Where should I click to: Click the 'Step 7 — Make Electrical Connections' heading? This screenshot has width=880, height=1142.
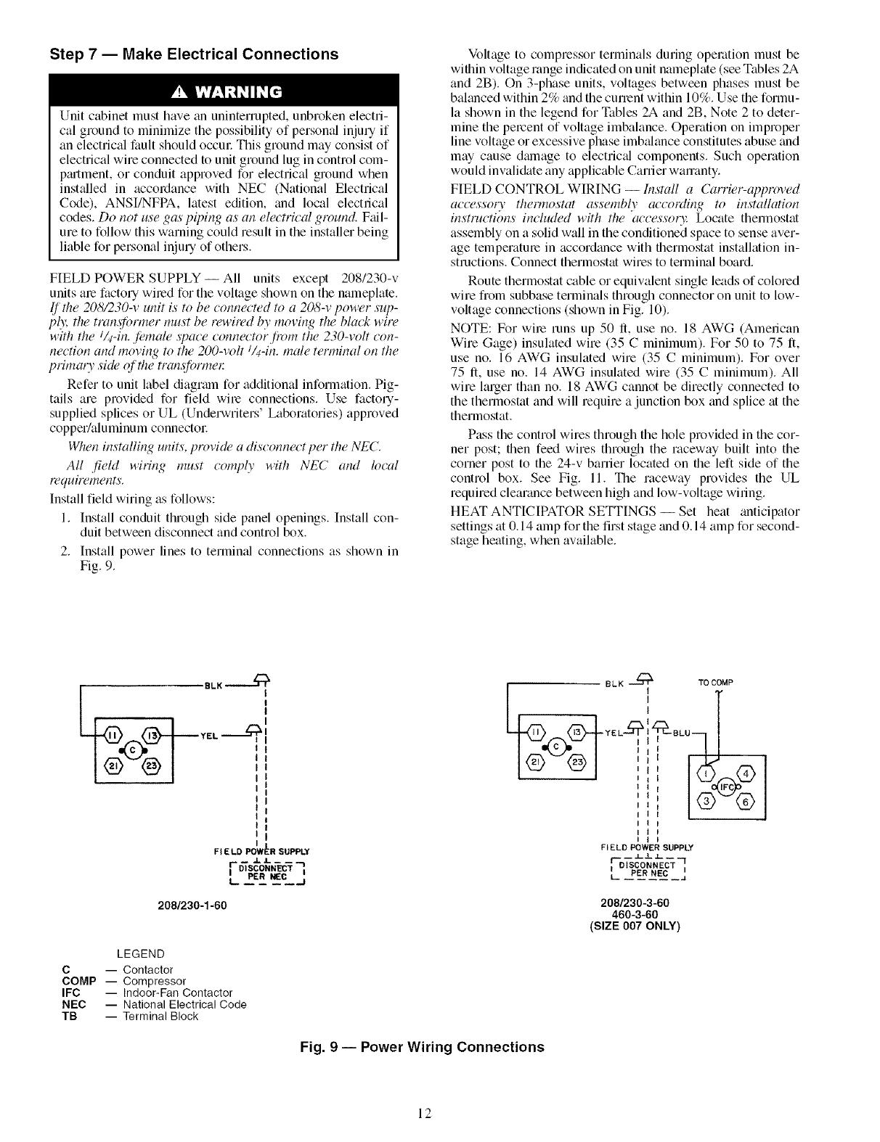(194, 54)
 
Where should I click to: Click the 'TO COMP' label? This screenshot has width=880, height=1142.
(717, 683)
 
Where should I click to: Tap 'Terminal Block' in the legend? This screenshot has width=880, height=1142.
(160, 1016)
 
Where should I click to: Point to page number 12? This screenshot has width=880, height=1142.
(425, 1114)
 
